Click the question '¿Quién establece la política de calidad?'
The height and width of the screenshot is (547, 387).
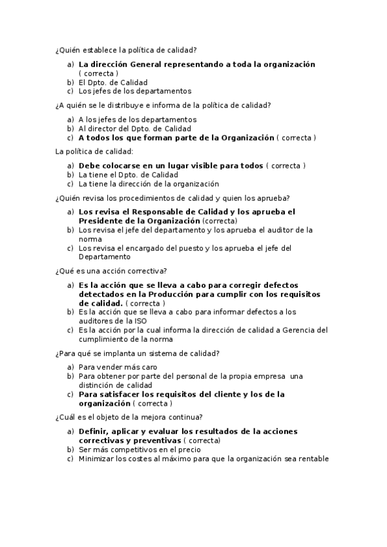pyautogui.click(x=126, y=50)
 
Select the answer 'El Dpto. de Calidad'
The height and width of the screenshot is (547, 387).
pyautogui.click(x=112, y=83)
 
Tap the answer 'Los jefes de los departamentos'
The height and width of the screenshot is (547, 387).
pyautogui.click(x=134, y=91)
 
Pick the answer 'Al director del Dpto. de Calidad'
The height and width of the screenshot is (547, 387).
pyautogui.click(x=134, y=128)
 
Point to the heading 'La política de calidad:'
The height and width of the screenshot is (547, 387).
pyautogui.click(x=94, y=152)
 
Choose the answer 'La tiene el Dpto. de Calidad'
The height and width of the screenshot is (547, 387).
pyautogui.click(x=128, y=175)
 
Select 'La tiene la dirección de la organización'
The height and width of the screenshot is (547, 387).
pyautogui.click(x=149, y=184)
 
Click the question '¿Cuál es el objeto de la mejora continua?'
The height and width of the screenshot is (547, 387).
pyautogui.click(x=129, y=417)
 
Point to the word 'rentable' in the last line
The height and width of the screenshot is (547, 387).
pyautogui.click(x=312, y=459)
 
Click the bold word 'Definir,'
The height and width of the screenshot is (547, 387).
pyautogui.click(x=96, y=431)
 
